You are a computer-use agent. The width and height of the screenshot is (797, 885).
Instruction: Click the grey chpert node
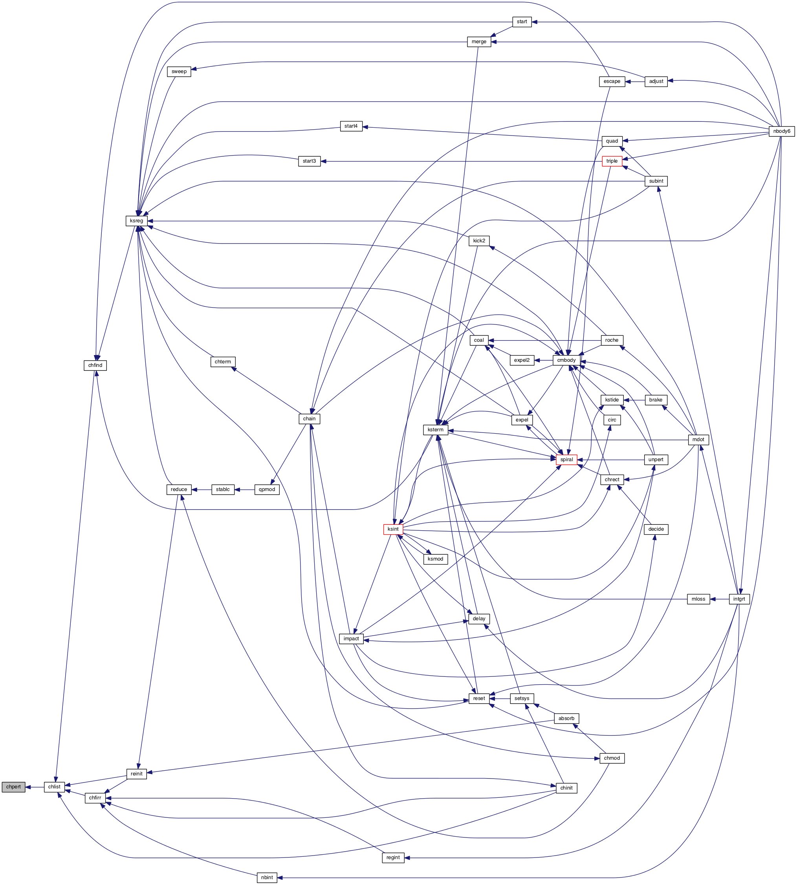14,786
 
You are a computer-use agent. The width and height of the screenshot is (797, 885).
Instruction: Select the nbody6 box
782,131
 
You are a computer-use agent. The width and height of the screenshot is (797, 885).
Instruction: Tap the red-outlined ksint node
393,529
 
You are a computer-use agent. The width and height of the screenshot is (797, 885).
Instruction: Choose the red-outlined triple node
612,161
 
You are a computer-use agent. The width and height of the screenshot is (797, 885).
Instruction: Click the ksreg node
137,221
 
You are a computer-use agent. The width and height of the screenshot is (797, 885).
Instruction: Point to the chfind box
95,365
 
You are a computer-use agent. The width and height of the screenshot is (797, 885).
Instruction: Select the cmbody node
566,360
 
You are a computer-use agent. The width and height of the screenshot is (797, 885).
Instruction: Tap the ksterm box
435,430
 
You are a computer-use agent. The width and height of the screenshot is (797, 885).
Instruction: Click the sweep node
179,71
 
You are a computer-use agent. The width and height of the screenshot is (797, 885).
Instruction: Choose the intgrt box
739,599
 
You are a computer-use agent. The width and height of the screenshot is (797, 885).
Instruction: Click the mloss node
698,599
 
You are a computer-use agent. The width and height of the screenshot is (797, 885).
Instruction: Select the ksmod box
435,559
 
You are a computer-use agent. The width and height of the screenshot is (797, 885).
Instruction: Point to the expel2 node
522,360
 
